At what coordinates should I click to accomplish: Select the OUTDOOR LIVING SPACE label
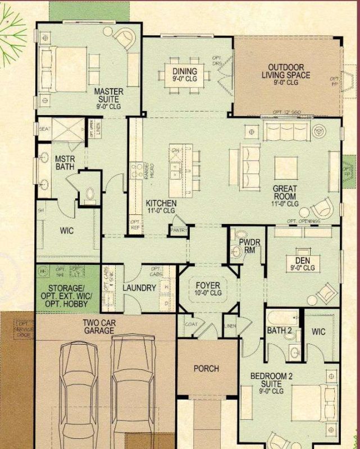tap(289, 75)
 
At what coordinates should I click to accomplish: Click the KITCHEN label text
tap(161, 206)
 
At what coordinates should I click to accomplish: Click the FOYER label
tap(208, 288)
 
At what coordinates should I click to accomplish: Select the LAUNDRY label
tap(139, 288)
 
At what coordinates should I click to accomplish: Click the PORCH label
tap(206, 369)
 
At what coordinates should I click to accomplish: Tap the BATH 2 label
tap(279, 331)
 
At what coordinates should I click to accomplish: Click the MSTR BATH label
tap(65, 163)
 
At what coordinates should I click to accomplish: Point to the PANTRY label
tap(180, 230)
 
